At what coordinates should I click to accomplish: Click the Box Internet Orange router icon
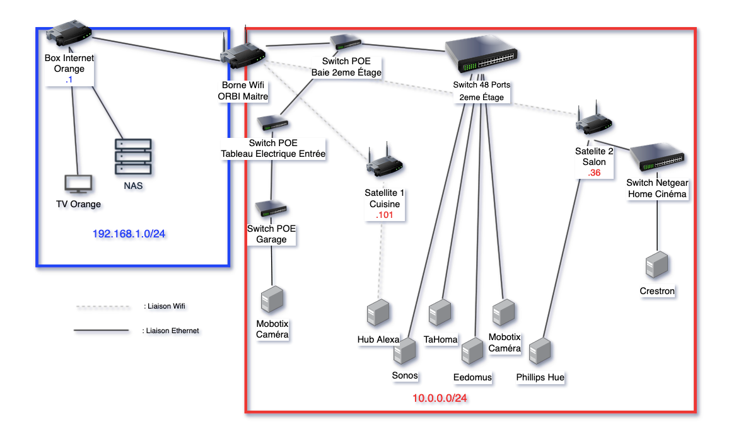point(69,38)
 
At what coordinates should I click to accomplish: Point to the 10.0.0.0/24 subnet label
point(440,398)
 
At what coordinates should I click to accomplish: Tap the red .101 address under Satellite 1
point(385,215)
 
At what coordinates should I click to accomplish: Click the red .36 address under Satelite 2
point(593,173)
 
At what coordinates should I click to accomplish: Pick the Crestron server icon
point(657,266)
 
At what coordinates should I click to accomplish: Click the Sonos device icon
point(405,351)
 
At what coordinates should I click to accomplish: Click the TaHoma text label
point(441,339)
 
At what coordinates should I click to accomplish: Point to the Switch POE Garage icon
point(271,210)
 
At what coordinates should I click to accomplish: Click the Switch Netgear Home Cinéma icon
point(657,158)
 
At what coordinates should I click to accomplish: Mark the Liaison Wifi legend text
point(165,306)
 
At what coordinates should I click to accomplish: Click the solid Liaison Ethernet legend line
point(100,330)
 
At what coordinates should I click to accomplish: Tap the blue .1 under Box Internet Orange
point(69,80)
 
